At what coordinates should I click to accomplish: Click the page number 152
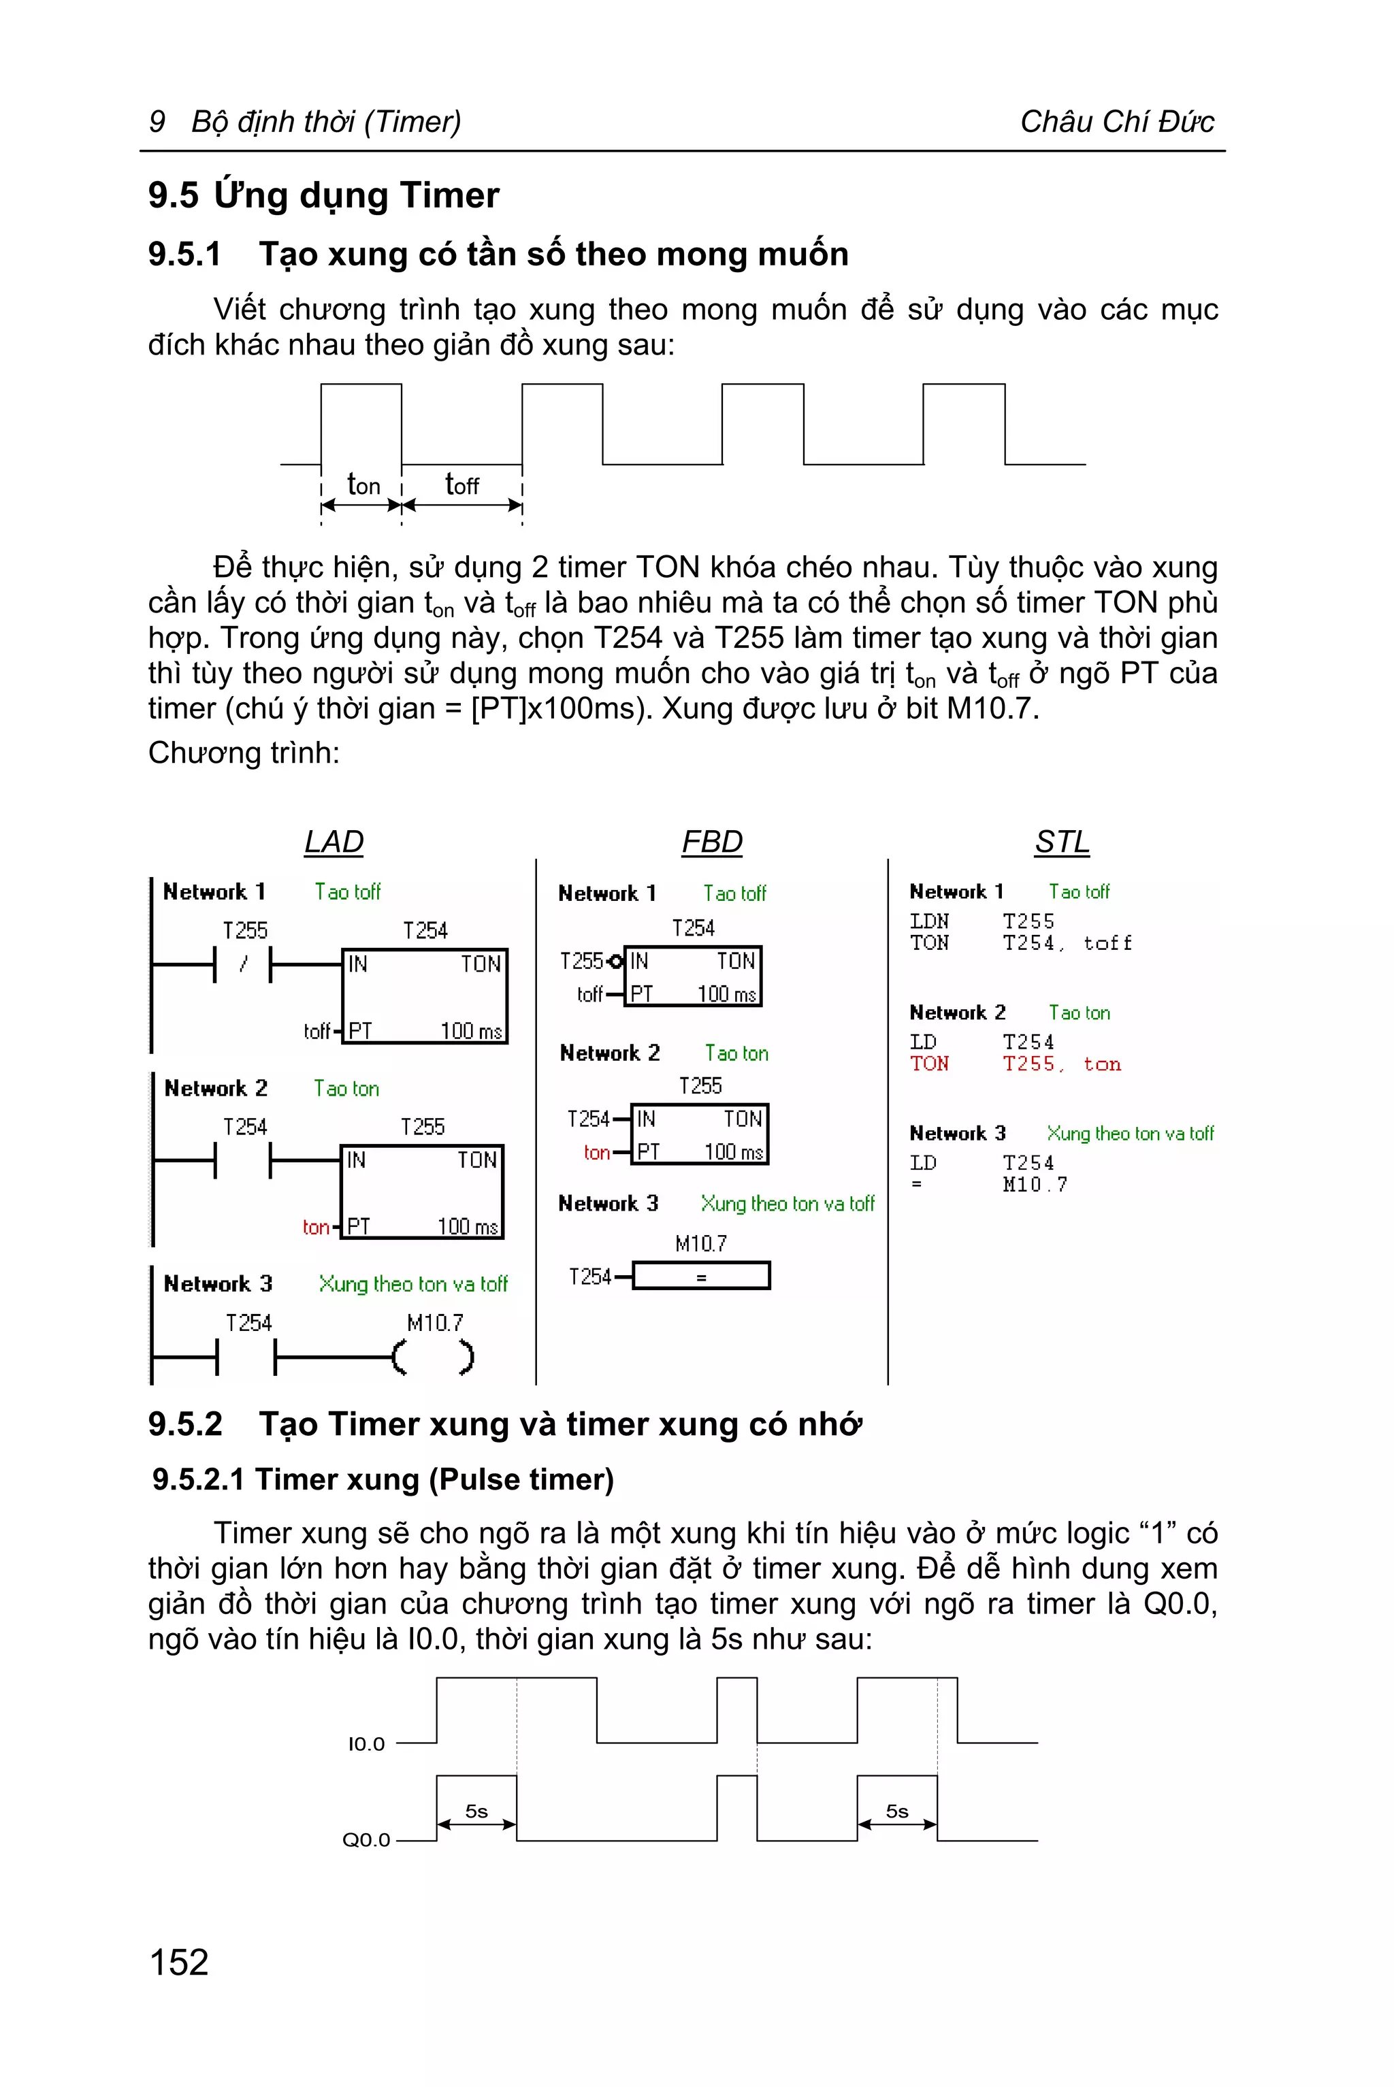click(x=179, y=1962)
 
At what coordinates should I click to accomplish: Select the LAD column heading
click(x=334, y=841)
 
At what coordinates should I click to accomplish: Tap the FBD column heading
click(x=711, y=841)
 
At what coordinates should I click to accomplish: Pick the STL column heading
click(x=1062, y=841)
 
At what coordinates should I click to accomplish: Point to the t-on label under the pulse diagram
click(x=363, y=484)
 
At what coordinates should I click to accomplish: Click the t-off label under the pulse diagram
click(x=461, y=484)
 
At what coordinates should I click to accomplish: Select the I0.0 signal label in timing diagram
click(x=366, y=1744)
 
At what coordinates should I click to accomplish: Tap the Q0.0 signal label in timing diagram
click(x=366, y=1840)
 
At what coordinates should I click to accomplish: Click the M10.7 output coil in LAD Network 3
click(x=434, y=1358)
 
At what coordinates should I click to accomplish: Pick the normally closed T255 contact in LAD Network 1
click(x=243, y=964)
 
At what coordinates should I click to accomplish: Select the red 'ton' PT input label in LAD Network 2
click(x=316, y=1228)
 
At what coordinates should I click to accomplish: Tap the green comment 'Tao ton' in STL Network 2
click(x=1080, y=1013)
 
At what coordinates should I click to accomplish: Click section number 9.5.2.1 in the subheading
click(x=198, y=1480)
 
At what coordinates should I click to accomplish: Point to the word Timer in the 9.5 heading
click(x=450, y=195)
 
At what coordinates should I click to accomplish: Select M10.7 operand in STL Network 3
click(x=1035, y=1185)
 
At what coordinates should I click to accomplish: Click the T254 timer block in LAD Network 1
click(x=425, y=996)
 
